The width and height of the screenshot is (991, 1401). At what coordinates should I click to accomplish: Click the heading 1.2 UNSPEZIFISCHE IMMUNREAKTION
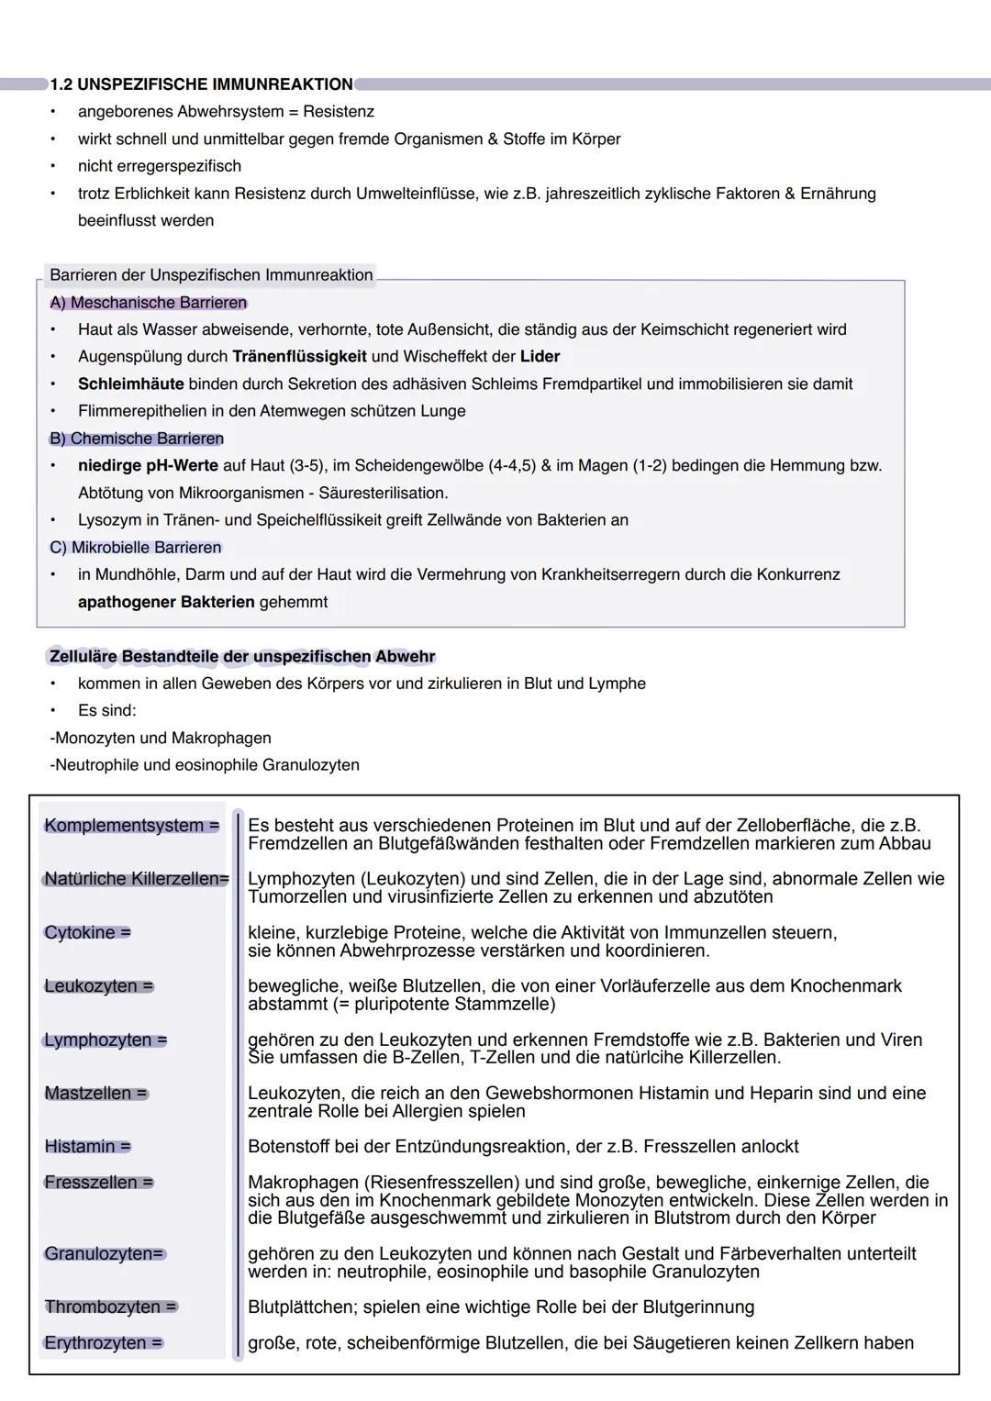click(x=201, y=84)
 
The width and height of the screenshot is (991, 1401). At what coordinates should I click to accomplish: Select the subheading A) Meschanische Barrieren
click(x=148, y=303)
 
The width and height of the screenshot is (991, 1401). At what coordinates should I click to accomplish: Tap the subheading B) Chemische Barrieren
click(x=137, y=439)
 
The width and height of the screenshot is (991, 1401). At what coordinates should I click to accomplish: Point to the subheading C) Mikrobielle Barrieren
click(x=136, y=548)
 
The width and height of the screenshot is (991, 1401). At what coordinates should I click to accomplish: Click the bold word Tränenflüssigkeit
click(x=299, y=357)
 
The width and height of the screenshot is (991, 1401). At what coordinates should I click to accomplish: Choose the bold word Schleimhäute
click(x=130, y=384)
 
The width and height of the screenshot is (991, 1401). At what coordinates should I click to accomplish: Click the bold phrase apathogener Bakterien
click(x=166, y=603)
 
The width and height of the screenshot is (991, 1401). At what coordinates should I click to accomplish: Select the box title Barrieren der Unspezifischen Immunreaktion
click(x=211, y=275)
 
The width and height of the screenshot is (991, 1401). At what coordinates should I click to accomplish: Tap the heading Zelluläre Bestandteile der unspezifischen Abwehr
click(x=242, y=657)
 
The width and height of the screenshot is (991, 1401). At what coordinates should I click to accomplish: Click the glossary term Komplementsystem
click(x=124, y=826)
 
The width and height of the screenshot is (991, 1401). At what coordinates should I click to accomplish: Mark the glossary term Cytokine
click(x=80, y=933)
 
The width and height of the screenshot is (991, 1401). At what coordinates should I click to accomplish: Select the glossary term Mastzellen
click(x=88, y=1094)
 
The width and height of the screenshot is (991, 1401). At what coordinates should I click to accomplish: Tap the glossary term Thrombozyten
click(x=103, y=1307)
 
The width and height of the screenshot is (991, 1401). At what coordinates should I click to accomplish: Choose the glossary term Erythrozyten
click(x=95, y=1343)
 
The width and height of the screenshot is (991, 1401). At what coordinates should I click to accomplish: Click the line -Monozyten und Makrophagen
click(x=161, y=739)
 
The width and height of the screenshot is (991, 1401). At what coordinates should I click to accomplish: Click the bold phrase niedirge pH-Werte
click(x=148, y=466)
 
